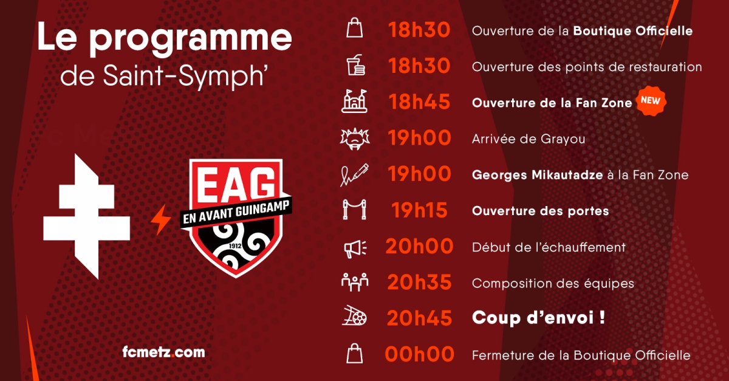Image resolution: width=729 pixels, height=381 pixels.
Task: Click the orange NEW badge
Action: point(651,101)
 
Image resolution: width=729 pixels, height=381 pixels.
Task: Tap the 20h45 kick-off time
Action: point(420,318)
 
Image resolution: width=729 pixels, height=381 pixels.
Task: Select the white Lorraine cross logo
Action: point(86,216)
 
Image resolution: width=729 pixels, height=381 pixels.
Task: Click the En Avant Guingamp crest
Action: point(236,218)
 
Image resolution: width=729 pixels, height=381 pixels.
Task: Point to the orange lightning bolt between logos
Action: point(160,219)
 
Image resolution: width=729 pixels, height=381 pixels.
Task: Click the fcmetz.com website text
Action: point(163,352)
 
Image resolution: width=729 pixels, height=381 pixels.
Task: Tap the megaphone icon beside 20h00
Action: point(355,249)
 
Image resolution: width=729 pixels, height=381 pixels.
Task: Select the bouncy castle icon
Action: point(354,101)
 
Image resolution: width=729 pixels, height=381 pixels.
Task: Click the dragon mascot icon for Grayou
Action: point(355,139)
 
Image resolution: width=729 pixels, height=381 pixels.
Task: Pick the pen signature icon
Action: point(354,175)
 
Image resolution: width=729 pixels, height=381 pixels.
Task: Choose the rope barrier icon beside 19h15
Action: point(354,210)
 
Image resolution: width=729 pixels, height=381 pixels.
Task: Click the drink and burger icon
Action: point(355,65)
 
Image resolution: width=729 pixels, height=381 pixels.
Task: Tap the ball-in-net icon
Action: point(354,315)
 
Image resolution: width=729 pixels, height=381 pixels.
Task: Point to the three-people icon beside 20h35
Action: point(355,282)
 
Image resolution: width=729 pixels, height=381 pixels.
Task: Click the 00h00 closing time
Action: point(420,354)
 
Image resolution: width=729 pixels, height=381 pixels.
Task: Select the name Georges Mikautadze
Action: point(537,175)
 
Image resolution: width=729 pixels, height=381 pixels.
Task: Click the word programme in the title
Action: point(191,39)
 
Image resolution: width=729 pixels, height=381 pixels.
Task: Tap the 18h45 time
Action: point(420,102)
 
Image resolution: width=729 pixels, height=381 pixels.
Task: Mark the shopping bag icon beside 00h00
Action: point(354,353)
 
